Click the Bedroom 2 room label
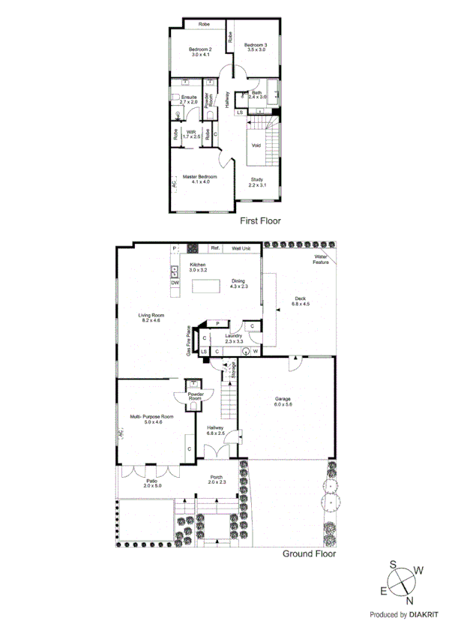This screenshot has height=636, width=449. [x=200, y=52]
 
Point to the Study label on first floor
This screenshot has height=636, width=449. [x=256, y=182]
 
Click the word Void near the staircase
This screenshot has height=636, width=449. [x=256, y=145]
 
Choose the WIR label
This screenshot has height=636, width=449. [x=191, y=133]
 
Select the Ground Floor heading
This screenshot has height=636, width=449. [x=309, y=554]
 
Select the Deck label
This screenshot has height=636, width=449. [x=301, y=301]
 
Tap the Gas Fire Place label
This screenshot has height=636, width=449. [x=188, y=340]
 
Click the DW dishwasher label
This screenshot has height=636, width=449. [x=175, y=283]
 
